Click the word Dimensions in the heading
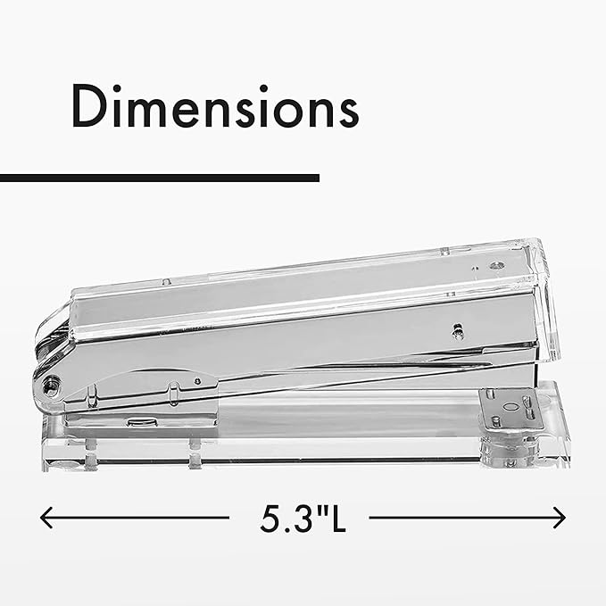pyautogui.click(x=215, y=107)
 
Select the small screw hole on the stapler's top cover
pyautogui.click(x=495, y=266)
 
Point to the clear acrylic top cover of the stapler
pyautogui.click(x=295, y=277)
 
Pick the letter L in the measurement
pyautogui.click(x=334, y=519)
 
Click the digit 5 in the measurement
pyautogui.click(x=268, y=519)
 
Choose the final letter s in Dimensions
pyautogui.click(x=345, y=112)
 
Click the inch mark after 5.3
pyautogui.click(x=317, y=508)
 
